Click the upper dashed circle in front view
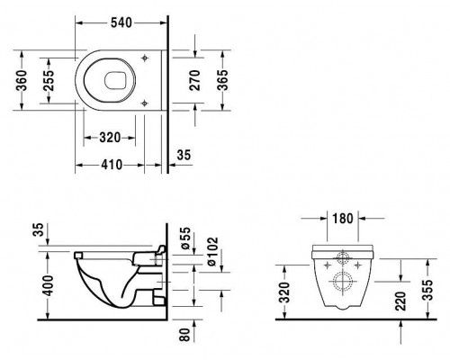tap(341, 257)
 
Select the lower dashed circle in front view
tap(341, 285)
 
